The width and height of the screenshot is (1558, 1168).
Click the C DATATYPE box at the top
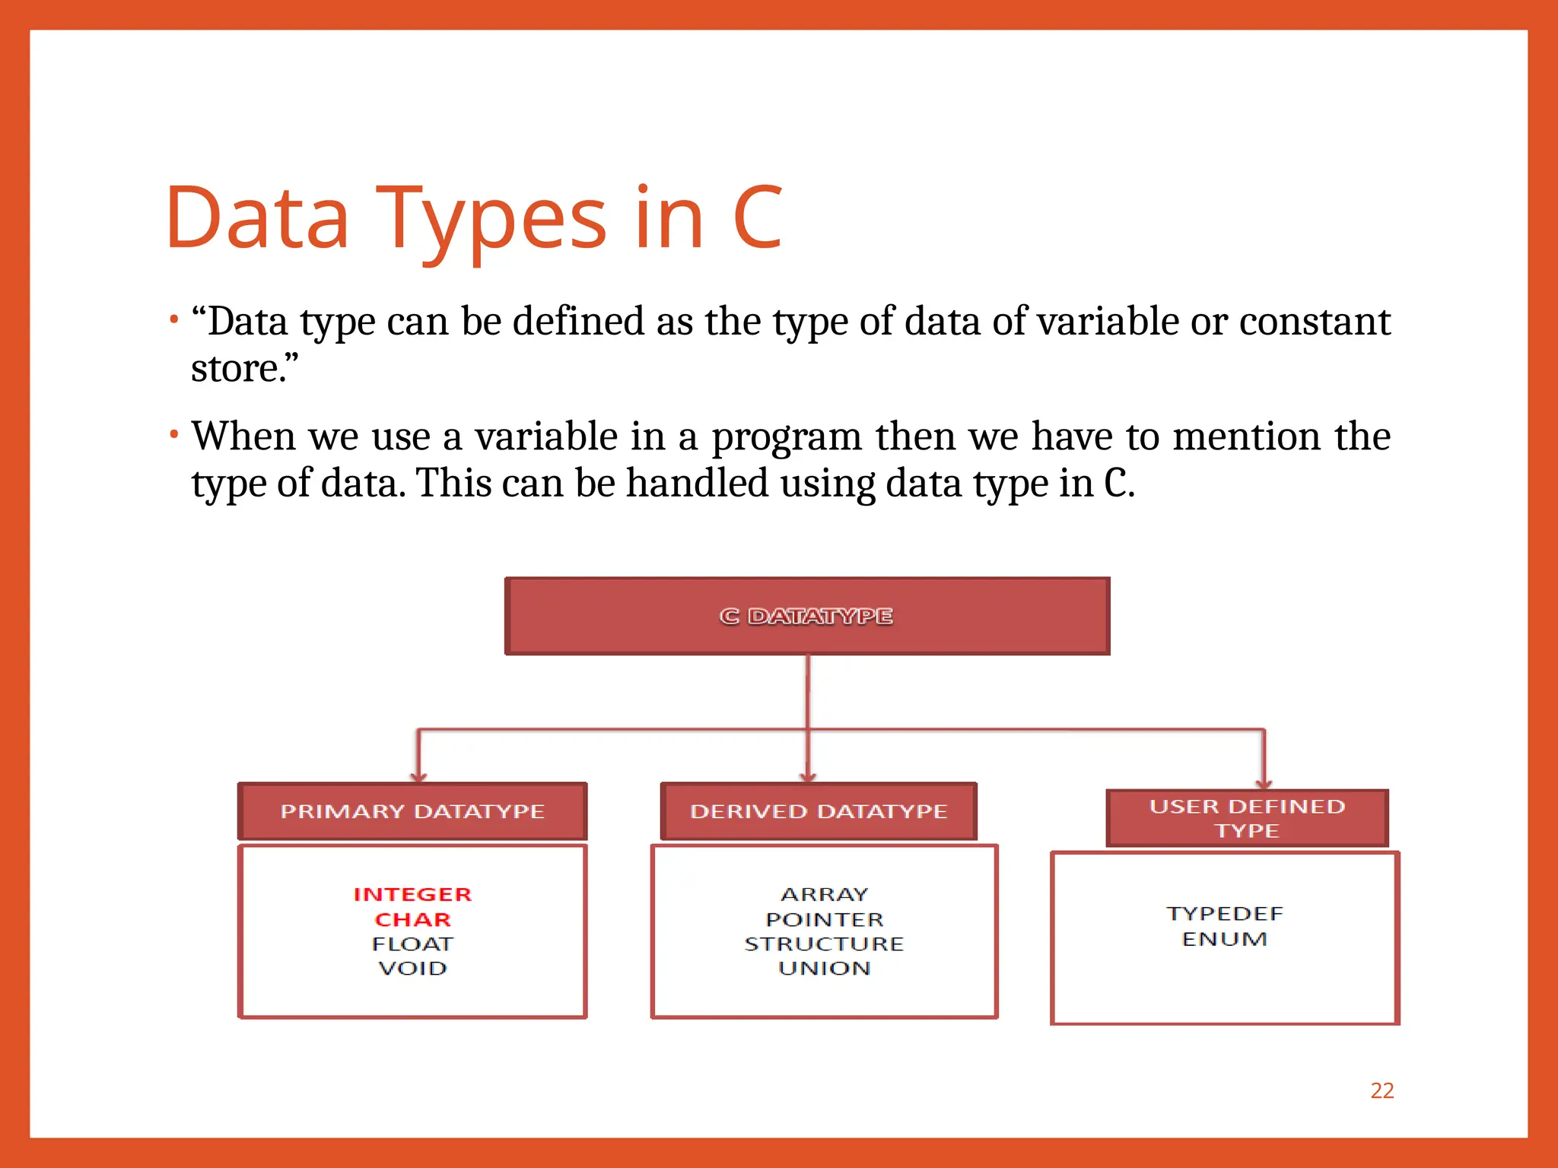point(807,616)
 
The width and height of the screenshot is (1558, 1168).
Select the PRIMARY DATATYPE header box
point(412,811)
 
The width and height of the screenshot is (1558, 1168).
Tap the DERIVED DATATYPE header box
point(819,811)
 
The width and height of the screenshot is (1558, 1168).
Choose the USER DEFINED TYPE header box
point(1247,818)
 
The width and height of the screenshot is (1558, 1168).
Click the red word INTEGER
point(412,894)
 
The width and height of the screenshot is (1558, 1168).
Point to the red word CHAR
point(412,919)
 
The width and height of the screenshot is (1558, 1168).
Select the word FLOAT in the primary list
point(412,944)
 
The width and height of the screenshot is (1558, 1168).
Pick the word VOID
point(412,968)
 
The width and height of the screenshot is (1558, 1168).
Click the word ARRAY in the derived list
point(824,894)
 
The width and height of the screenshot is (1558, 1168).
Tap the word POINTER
point(824,919)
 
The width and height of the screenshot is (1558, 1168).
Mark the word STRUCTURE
point(824,944)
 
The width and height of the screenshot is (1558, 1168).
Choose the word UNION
point(824,968)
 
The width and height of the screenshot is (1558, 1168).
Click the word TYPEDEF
point(1224,913)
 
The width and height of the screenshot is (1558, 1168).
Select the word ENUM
point(1224,939)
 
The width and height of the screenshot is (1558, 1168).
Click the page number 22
point(1382,1090)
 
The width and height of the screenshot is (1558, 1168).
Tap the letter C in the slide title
point(757,218)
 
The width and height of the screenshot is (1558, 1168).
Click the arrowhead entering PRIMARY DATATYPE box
point(418,777)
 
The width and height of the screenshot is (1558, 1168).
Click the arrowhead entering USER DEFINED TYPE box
point(1264,783)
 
